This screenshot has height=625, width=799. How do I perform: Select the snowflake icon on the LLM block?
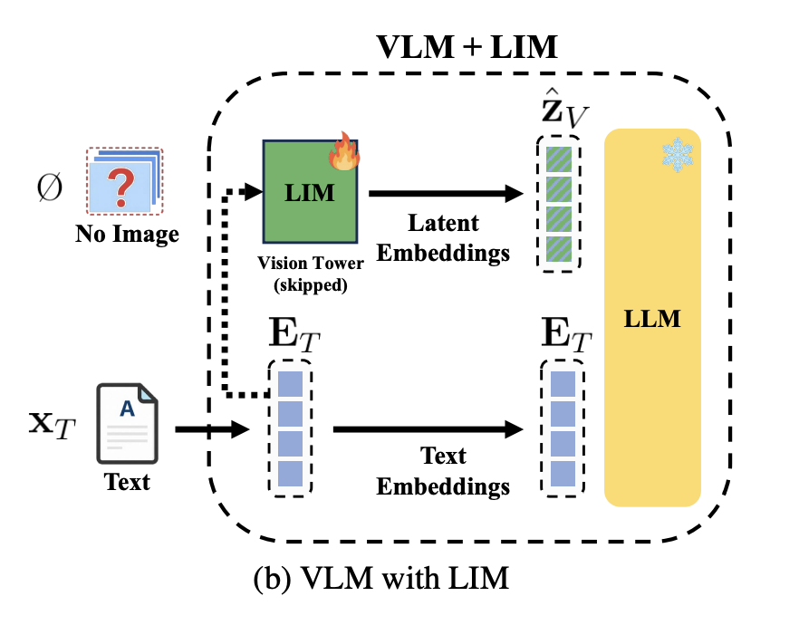675,156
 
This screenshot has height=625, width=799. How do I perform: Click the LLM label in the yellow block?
652,319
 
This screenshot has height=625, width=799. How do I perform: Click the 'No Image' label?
128,236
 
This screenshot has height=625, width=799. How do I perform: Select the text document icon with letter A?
128,418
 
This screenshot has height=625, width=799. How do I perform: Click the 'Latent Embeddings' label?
443,237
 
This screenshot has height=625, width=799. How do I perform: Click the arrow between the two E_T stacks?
430,428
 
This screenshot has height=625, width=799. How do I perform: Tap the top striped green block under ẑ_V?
560,156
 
